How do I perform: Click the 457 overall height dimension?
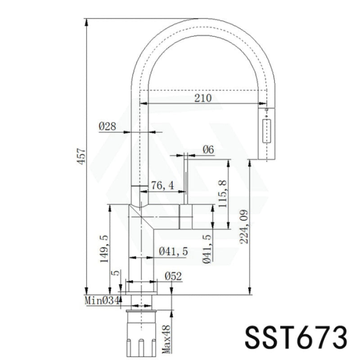pos(81,156)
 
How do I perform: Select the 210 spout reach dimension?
pos(203,98)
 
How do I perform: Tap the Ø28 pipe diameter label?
pos(108,126)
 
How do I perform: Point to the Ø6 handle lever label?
pos(208,150)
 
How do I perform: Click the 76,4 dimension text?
pos(162,185)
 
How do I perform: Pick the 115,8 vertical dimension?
pos(222,194)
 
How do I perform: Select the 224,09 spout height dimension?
pos(244,227)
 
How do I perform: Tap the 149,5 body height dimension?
pos(104,249)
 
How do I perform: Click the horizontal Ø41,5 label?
pos(173,252)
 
